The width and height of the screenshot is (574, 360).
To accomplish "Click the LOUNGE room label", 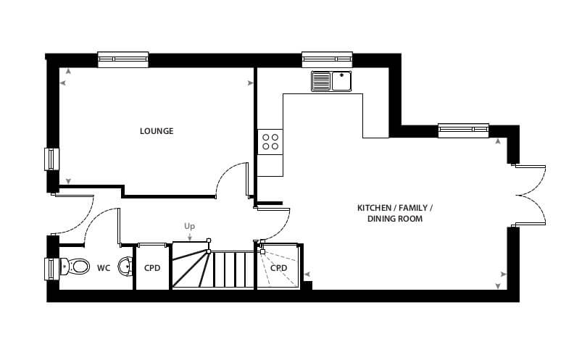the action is point(157,131).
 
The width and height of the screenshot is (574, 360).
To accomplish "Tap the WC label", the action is point(104,268).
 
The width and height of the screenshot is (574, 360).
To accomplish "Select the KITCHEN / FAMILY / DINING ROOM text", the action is point(395,213).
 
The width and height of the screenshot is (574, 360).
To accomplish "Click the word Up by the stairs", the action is point(189,227).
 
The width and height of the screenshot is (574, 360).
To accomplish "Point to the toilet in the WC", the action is point(75,266).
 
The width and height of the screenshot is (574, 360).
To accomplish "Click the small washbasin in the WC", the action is point(125,266).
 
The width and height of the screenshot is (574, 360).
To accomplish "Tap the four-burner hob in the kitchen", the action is point(270,142).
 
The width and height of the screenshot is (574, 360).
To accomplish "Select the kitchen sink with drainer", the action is point(331,81).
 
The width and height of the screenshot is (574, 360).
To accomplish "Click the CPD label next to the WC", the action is point(152,268).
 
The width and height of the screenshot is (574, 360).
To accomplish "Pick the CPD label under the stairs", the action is point(278,268).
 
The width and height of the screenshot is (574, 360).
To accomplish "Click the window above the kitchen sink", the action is point(328,59).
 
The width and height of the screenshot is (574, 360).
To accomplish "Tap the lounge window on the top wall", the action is point(123,59).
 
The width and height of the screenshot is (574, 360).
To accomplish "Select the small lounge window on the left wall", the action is point(51,159).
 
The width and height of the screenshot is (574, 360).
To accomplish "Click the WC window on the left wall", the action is point(51,269).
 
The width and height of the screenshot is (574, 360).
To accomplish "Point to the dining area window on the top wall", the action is point(463,130).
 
